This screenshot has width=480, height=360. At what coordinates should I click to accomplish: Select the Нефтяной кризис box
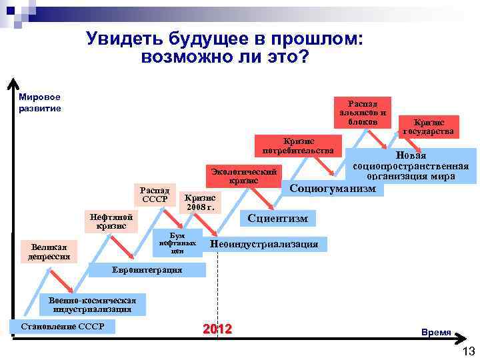pos(111,222)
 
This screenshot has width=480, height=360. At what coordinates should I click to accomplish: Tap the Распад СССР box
pos(155,195)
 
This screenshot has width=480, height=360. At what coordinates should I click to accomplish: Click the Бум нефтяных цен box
pos(177,243)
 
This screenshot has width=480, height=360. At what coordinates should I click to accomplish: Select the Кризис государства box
pos(429,127)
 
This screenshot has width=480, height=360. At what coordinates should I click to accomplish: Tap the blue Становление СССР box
pos(63,327)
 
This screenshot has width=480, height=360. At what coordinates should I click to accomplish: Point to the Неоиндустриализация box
pos(264,244)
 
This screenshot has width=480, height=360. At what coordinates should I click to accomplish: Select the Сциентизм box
pos(277,217)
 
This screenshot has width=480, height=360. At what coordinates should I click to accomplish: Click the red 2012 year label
pos(217,329)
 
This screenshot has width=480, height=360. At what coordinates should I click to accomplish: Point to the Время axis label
pos(435,332)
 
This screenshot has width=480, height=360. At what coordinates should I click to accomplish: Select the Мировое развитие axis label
pos(40,103)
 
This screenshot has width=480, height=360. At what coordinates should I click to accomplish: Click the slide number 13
pos(467,351)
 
